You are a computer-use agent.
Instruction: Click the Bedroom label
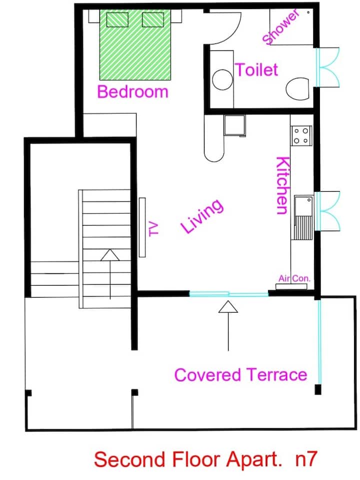point(132,91)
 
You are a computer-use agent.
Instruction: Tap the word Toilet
point(256,70)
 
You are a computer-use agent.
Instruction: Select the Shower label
point(280,27)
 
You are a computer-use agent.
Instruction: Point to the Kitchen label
point(282,185)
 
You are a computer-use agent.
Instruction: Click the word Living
point(202,216)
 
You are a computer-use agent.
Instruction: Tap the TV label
point(153,229)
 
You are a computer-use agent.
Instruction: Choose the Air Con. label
point(294,279)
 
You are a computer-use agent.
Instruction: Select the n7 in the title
point(306,459)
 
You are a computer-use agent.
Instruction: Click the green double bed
point(135,44)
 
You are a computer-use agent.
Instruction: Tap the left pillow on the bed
point(117,20)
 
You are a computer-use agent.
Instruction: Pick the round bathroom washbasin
point(222,79)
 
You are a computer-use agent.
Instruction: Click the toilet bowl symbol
point(297,88)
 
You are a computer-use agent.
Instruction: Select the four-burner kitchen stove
point(301,136)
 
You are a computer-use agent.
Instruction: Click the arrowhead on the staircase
point(110,255)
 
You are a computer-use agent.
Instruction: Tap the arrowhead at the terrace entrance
point(228,307)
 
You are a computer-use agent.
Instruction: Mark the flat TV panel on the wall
point(142,227)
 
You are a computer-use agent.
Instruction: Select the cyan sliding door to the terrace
point(228,294)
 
